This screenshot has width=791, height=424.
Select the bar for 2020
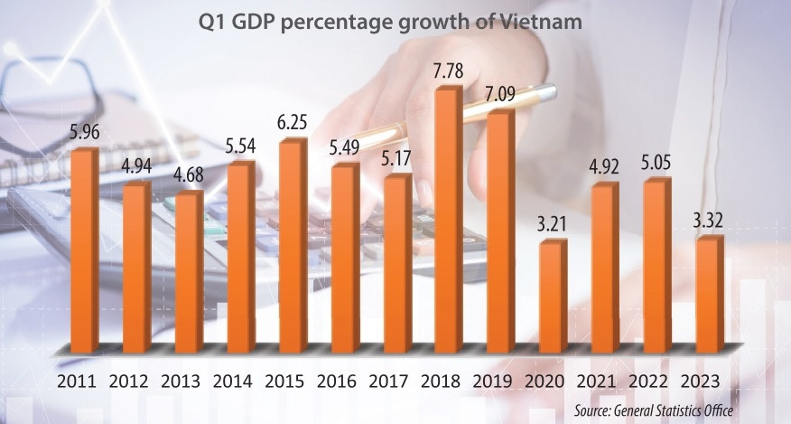tap(553, 297)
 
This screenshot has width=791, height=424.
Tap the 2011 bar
tap(84, 250)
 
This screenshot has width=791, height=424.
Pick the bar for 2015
tap(292, 245)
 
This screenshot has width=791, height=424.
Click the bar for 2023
tap(709, 294)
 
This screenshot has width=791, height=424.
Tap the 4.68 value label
tap(188, 176)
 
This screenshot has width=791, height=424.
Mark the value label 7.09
tap(500, 94)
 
